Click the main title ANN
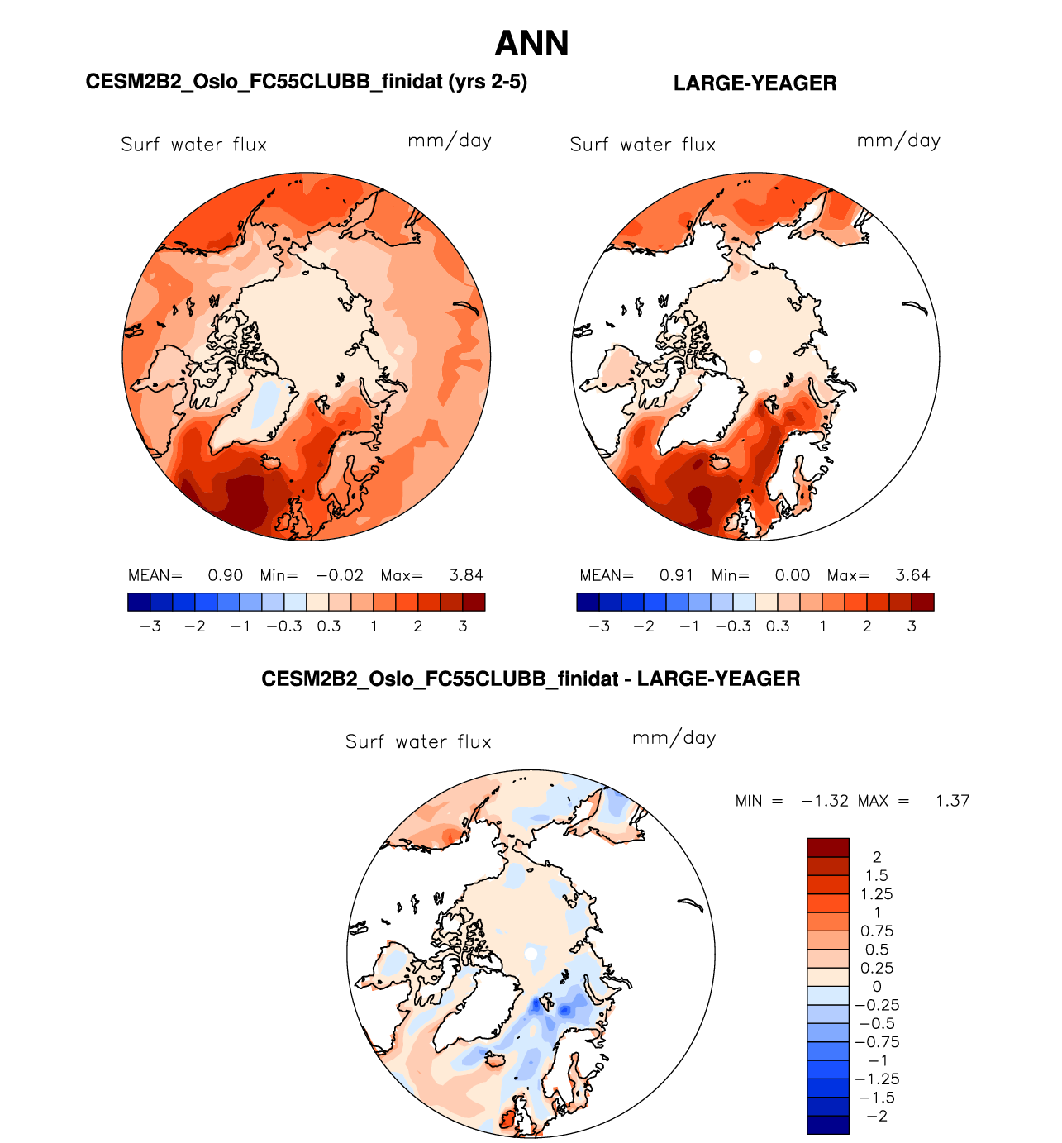pos(531,44)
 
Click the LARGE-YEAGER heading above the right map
pos(755,83)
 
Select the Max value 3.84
pos(466,575)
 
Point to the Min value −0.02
pos(339,575)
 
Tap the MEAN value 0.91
pos(677,575)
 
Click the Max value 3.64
pos(912,575)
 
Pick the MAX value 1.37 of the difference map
pos(952,801)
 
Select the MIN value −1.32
pos(824,801)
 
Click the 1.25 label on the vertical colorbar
pos(877,894)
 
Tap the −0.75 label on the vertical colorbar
pos(877,1042)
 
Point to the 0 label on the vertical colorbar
pos(877,986)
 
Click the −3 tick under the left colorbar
pos(150,626)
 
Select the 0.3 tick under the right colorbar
pos(778,626)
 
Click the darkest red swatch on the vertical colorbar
pos(827,847)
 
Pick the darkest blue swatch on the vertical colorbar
pos(827,1125)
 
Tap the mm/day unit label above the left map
pos(450,141)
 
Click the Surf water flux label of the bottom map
pos(418,742)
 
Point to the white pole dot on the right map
pos(755,356)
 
